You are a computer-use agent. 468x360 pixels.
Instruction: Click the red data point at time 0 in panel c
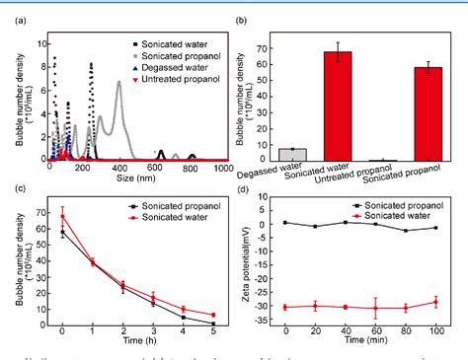point(63,216)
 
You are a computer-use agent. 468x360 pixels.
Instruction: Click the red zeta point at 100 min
point(436,302)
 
